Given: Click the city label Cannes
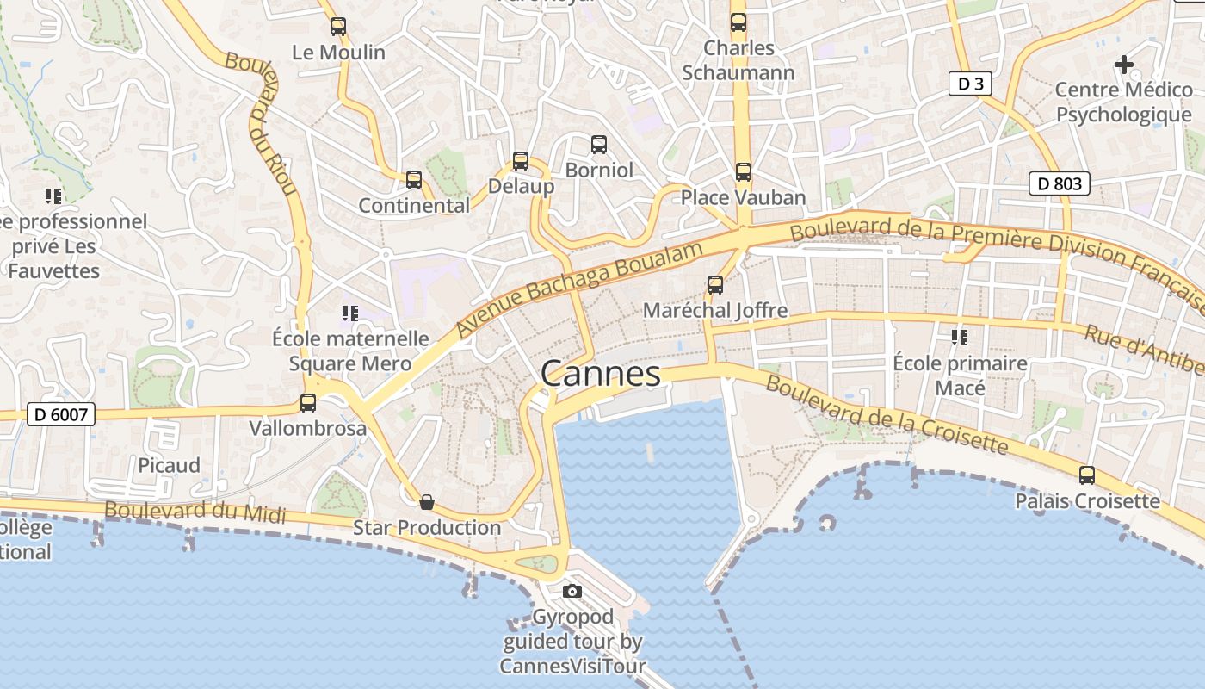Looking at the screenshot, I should click(601, 374).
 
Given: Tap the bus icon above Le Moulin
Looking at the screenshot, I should click(338, 27).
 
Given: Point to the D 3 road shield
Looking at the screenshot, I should click(971, 84).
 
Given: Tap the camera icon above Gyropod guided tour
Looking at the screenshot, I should click(572, 591).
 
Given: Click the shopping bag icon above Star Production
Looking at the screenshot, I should click(426, 501).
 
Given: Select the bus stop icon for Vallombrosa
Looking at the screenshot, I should click(307, 402).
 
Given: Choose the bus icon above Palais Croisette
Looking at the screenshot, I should click(1087, 475).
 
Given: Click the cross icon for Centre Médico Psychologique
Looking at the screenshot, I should click(1123, 64).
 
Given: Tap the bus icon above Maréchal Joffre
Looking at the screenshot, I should click(715, 284).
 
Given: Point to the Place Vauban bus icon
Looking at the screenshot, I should click(744, 172).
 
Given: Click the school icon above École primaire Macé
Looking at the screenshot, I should click(960, 338).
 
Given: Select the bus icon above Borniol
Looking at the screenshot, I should click(599, 145).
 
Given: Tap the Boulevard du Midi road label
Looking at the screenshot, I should click(195, 510).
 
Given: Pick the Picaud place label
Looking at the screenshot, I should click(169, 465).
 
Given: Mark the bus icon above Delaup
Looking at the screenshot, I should click(521, 161).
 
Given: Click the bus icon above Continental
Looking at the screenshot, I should click(414, 180).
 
